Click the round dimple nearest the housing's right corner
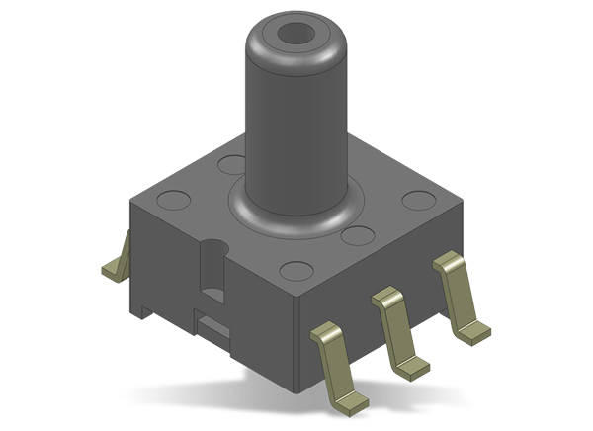416,200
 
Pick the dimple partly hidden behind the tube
233,160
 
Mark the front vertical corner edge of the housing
297,336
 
